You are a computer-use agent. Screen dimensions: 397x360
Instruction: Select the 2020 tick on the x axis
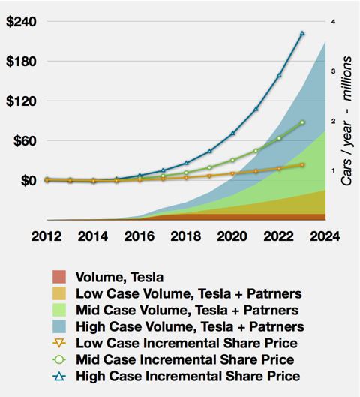click(x=227, y=235)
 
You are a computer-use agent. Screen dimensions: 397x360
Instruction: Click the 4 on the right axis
click(x=333, y=22)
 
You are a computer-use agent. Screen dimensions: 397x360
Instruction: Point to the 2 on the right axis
click(x=333, y=121)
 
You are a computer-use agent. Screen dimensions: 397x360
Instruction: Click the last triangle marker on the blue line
click(x=302, y=33)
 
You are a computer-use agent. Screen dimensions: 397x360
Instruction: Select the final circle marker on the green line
click(x=302, y=122)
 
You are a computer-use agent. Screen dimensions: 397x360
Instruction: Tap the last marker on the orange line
click(x=302, y=164)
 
